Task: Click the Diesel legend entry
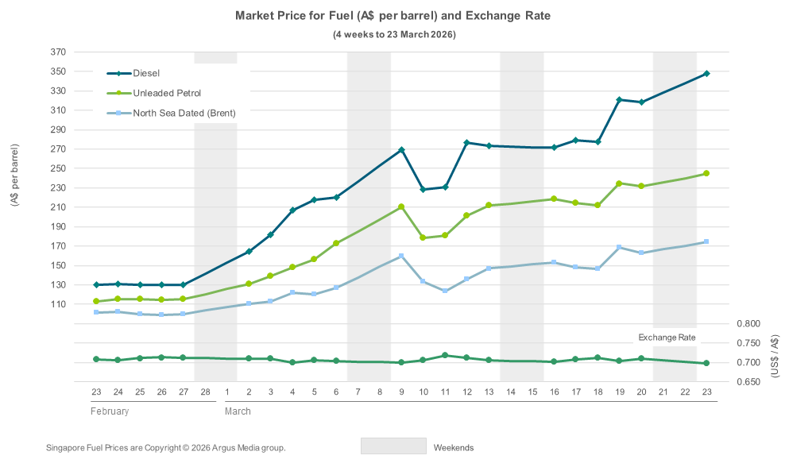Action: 146,73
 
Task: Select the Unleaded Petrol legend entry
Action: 167,93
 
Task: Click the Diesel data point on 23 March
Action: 706,74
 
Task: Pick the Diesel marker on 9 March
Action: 401,150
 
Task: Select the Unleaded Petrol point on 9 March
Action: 401,206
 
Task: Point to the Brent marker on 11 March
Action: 445,291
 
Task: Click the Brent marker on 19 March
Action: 619,247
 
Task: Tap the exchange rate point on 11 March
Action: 445,355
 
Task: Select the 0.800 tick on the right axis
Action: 749,324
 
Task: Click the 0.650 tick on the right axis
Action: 749,382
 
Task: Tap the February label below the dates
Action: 110,411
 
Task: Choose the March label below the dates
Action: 238,411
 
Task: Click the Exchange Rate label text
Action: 667,338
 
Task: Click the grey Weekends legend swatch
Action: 393,446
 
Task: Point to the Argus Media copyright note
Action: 166,448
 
